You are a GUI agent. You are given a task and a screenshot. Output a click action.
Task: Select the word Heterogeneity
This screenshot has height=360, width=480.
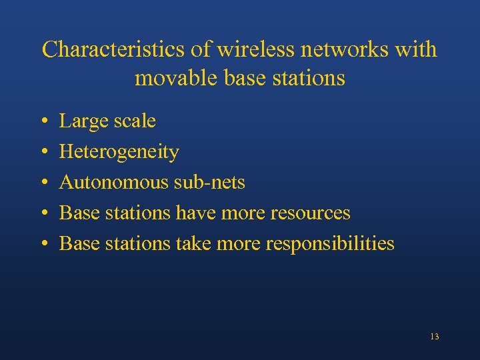point(119,152)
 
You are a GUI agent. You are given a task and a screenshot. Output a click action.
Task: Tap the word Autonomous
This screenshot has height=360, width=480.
point(113,182)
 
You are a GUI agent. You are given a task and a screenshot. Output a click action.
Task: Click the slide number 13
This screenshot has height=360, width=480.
point(434,337)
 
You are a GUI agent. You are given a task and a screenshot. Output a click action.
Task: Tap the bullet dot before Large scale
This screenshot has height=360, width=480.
point(43,122)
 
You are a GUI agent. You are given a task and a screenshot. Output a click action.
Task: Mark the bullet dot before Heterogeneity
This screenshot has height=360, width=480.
point(43,153)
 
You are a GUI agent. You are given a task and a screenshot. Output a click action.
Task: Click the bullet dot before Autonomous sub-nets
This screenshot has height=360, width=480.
point(43,183)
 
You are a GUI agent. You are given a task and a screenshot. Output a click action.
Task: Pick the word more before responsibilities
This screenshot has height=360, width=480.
point(241,243)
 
